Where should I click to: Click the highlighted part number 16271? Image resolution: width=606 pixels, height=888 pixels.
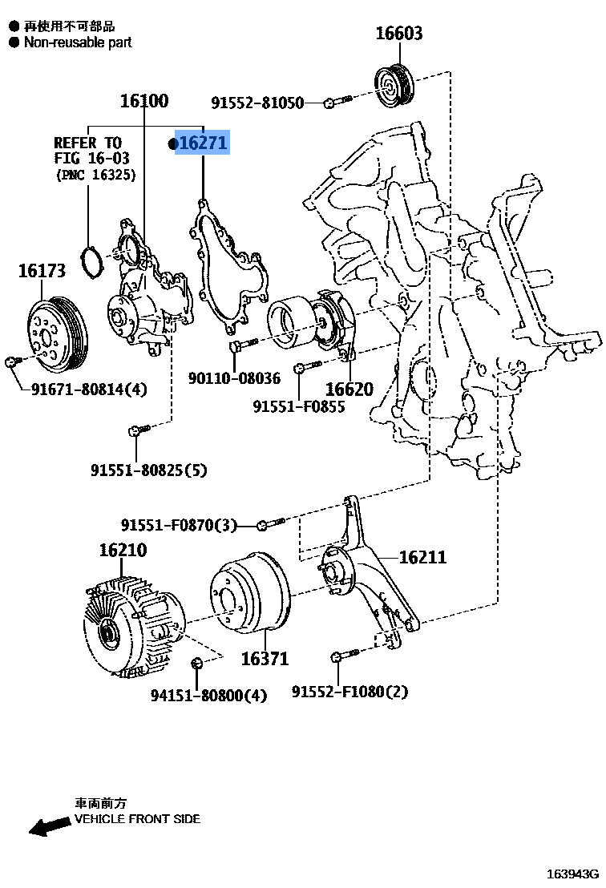pyautogui.click(x=203, y=143)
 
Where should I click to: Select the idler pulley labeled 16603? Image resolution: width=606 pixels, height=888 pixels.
pyautogui.click(x=394, y=83)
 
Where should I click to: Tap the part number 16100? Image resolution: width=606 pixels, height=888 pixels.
pyautogui.click(x=144, y=101)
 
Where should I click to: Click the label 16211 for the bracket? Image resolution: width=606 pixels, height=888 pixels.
pyautogui.click(x=422, y=557)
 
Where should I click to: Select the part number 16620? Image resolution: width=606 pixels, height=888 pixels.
pyautogui.click(x=349, y=390)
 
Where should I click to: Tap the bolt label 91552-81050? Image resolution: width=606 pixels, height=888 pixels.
pyautogui.click(x=257, y=103)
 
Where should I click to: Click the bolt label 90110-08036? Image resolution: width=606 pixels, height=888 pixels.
pyautogui.click(x=234, y=378)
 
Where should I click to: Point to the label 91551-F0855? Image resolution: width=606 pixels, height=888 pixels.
pyautogui.click(x=299, y=406)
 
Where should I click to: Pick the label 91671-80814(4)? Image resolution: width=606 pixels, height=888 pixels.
pyautogui.click(x=90, y=390)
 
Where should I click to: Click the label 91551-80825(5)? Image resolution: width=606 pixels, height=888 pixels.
pyautogui.click(x=148, y=470)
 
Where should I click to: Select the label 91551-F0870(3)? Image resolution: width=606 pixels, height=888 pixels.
pyautogui.click(x=180, y=525)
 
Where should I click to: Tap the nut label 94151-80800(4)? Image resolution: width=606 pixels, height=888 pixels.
pyautogui.click(x=209, y=695)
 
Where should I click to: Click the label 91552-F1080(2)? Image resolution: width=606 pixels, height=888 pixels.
pyautogui.click(x=349, y=691)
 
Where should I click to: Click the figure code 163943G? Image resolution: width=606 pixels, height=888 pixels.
pyautogui.click(x=573, y=874)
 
